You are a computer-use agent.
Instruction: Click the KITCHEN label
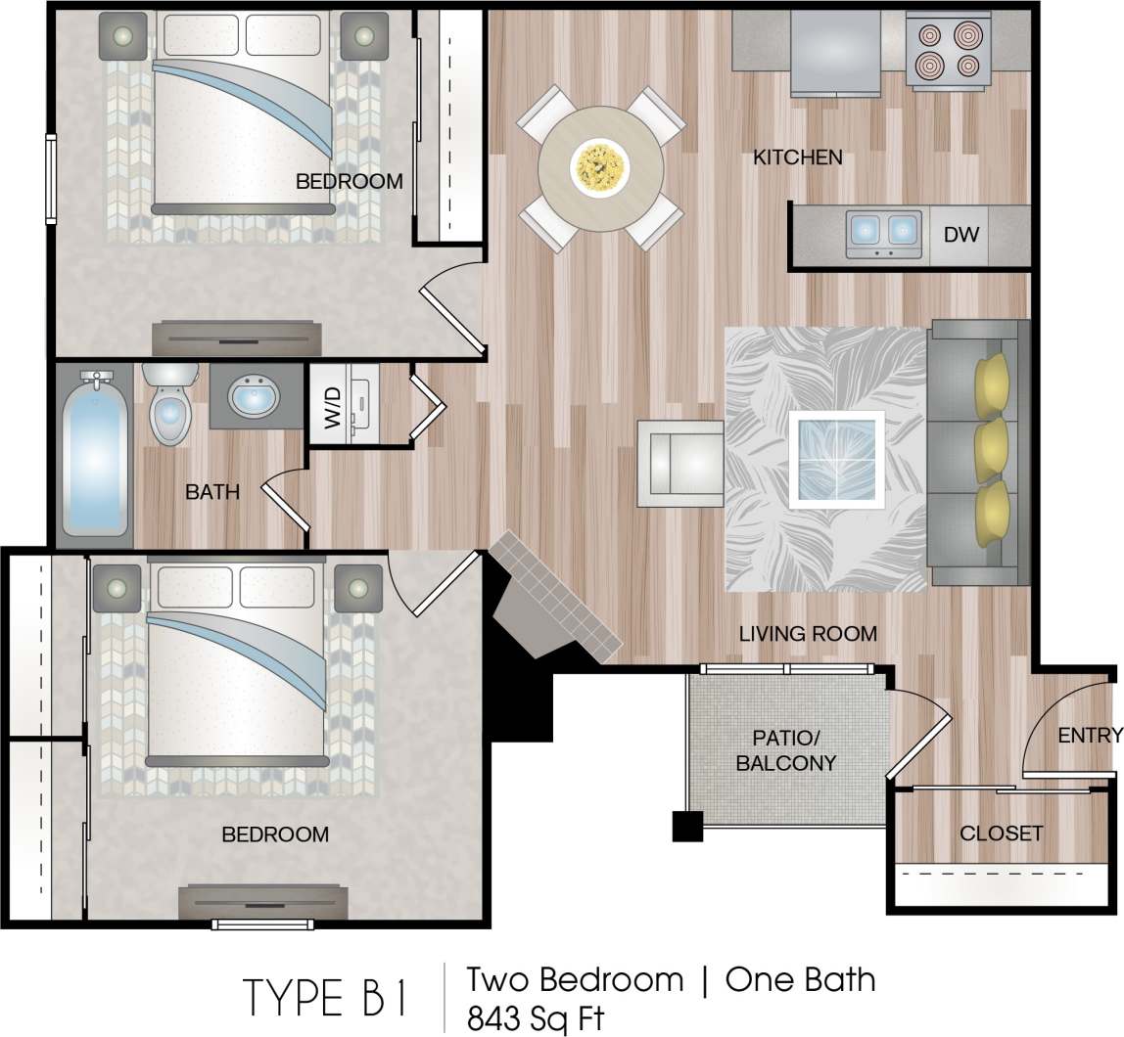click(x=797, y=158)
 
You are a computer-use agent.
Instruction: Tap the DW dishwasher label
click(x=960, y=235)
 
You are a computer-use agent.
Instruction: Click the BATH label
click(x=212, y=492)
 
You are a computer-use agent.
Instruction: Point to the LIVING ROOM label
click(x=808, y=634)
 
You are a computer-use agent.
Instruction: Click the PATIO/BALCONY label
click(x=786, y=749)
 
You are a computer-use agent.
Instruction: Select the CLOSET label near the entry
click(x=1001, y=834)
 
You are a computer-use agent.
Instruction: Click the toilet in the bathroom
click(x=170, y=404)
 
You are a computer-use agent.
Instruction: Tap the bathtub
click(x=95, y=454)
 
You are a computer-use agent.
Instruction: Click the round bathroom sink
click(x=254, y=396)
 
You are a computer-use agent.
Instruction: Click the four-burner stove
click(x=946, y=51)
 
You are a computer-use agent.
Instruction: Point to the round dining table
click(x=600, y=166)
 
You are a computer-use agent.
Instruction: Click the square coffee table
click(x=836, y=458)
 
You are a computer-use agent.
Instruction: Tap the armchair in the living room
click(x=680, y=464)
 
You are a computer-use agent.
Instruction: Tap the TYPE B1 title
click(x=328, y=997)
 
